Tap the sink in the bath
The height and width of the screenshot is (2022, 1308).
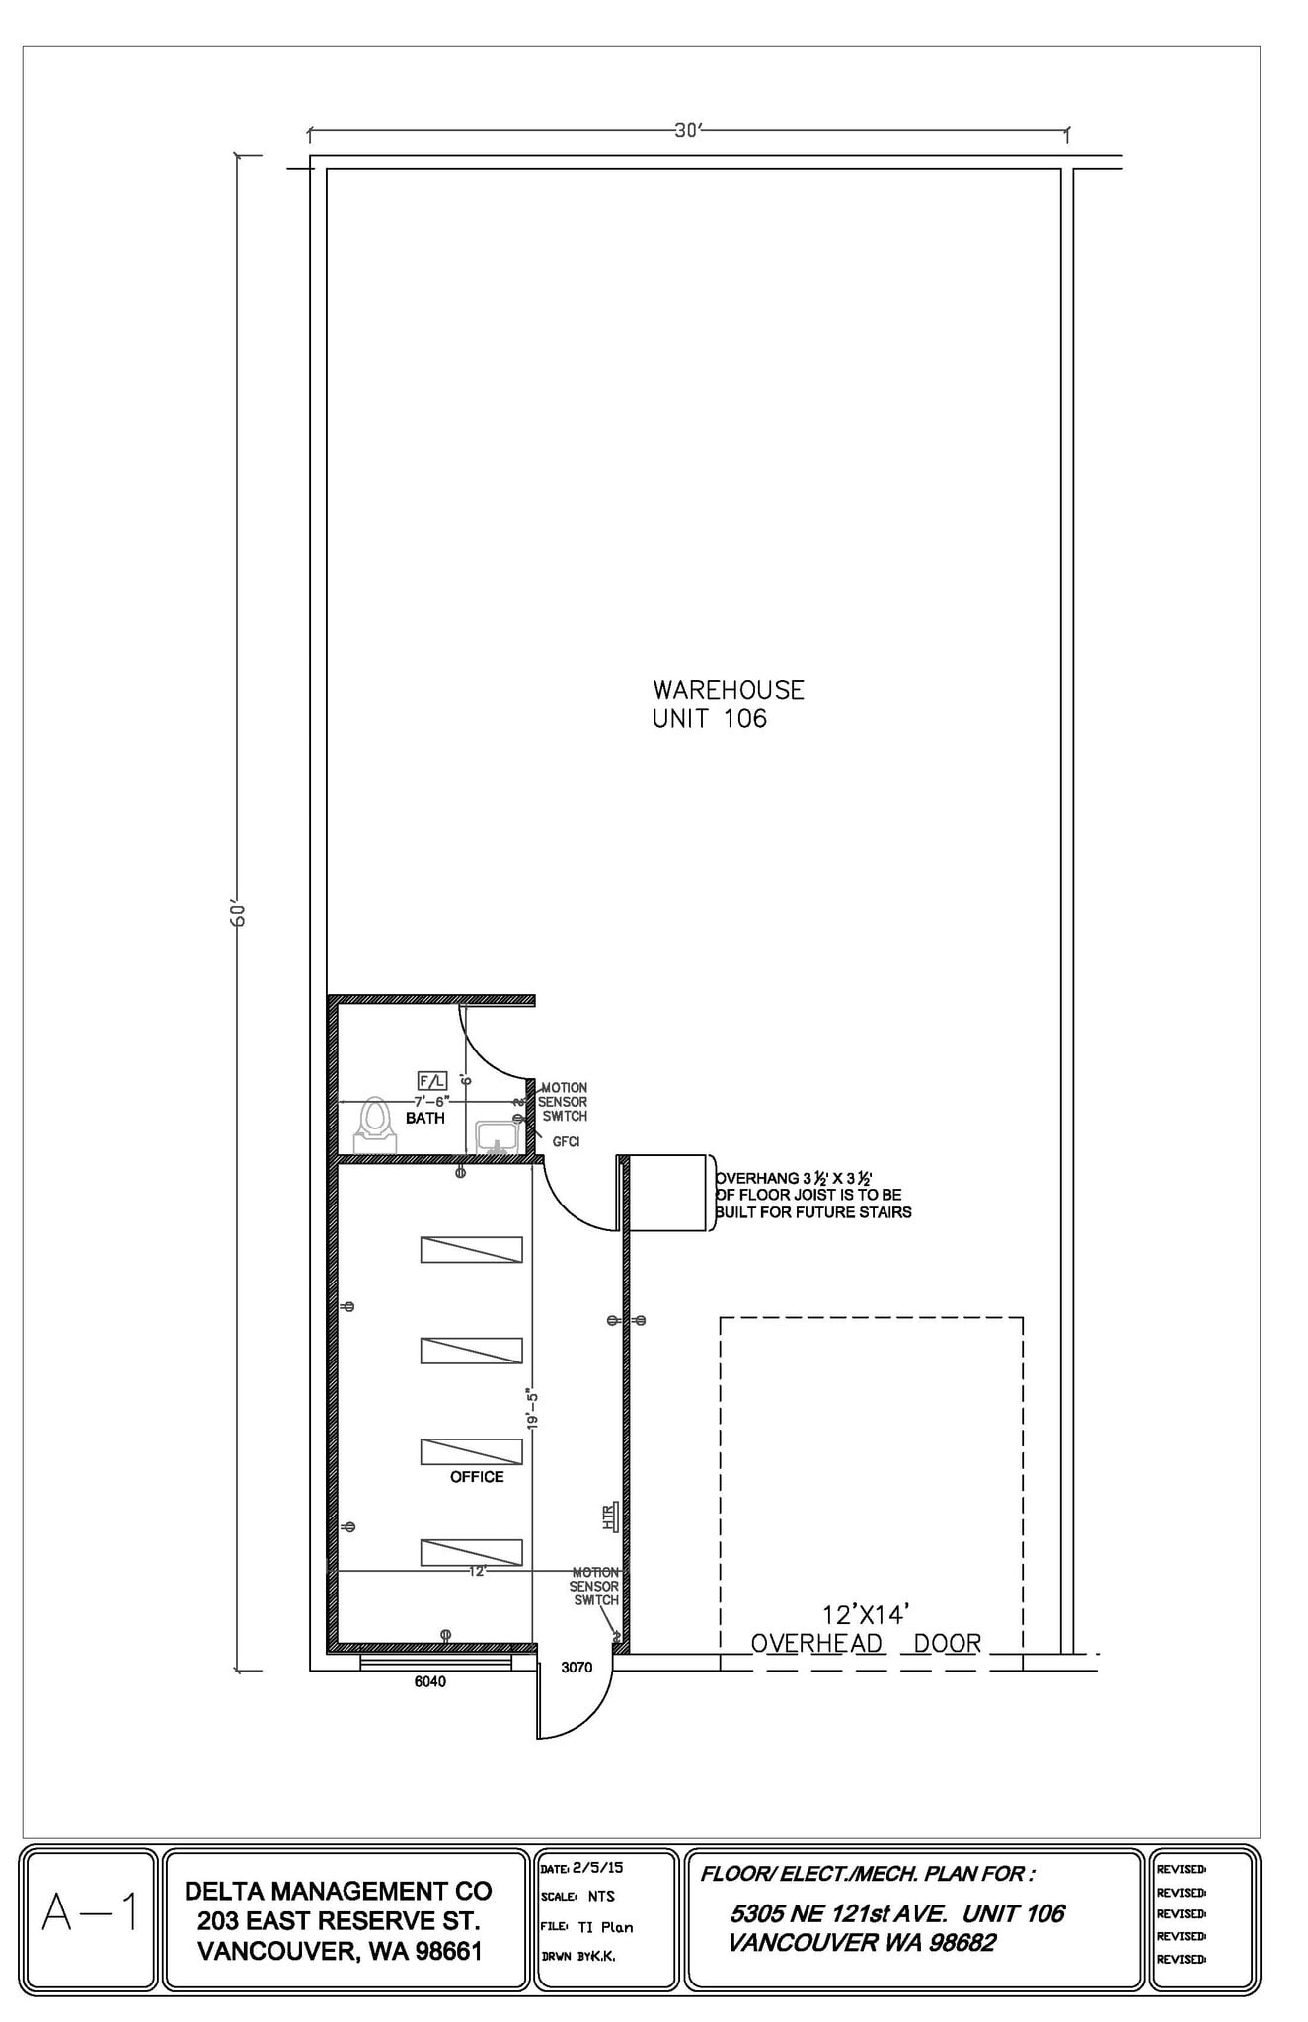coord(496,1136)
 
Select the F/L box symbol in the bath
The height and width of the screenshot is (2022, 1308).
coord(432,1080)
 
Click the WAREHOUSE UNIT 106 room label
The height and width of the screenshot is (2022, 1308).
coord(728,704)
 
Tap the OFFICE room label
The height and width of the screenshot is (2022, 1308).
coord(477,1477)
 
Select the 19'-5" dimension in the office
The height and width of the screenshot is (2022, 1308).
coord(533,1409)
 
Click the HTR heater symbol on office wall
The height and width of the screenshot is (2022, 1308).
coord(610,1516)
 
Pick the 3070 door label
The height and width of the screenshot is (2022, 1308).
coord(577,1667)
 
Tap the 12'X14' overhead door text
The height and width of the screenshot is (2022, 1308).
coord(865,1615)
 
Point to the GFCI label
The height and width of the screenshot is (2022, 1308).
coord(566,1141)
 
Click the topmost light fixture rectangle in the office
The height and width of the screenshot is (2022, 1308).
coord(471,1249)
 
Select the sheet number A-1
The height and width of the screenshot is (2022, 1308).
coord(90,1914)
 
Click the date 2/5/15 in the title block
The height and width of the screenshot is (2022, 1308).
coord(597,1868)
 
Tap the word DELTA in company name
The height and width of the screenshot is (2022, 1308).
coord(224,1891)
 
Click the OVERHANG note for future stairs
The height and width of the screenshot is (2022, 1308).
coord(812,1195)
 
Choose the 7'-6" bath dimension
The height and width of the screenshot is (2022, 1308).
coord(431,1101)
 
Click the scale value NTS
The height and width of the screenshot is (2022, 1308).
coord(601,1897)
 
